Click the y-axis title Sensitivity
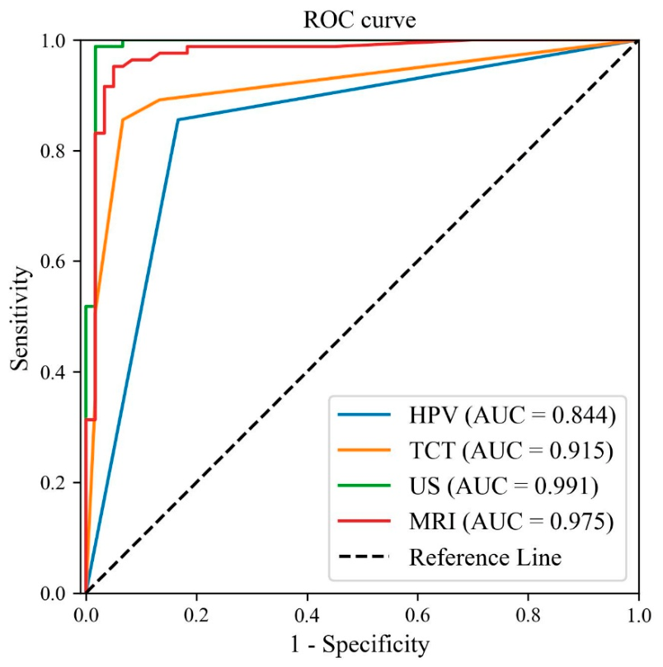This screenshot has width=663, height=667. [x=24, y=316]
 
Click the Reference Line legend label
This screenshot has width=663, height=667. [x=486, y=557]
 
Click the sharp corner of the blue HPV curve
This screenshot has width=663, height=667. [x=177, y=120]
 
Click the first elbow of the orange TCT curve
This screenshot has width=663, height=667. [x=123, y=120]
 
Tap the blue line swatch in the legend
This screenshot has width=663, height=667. [x=363, y=417]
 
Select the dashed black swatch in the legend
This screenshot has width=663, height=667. [x=363, y=557]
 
